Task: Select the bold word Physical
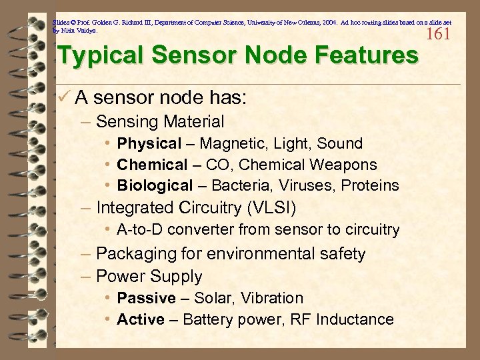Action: coord(149,143)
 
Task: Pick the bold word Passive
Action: coord(146,298)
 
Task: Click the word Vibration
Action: coord(272,298)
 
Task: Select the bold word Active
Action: coord(141,319)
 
